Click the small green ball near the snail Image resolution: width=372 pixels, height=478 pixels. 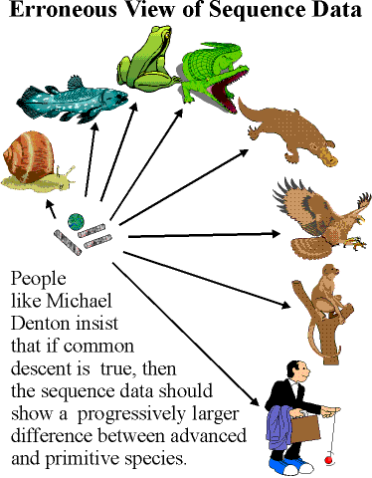click(x=75, y=222)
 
